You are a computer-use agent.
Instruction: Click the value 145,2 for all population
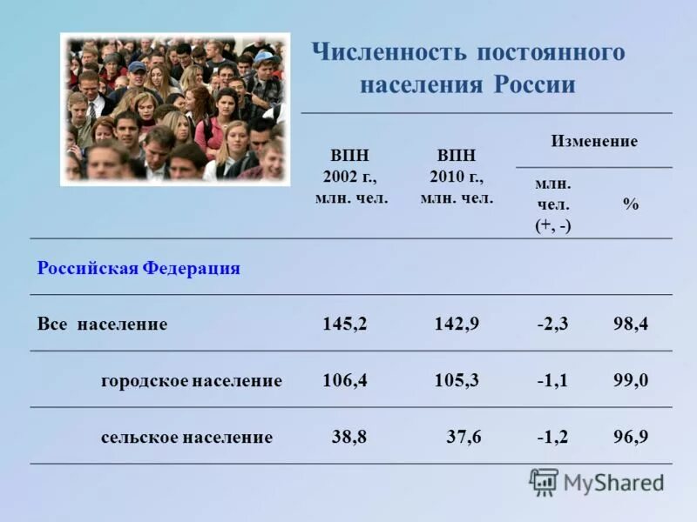[344, 325]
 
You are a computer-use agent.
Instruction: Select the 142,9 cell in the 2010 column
[457, 325]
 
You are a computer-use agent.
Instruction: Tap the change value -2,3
[552, 325]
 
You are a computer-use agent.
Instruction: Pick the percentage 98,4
[631, 325]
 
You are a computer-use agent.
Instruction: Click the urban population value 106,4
[344, 380]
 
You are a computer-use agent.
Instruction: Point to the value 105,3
[457, 380]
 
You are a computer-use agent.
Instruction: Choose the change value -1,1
[552, 380]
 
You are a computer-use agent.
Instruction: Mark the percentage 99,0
[631, 380]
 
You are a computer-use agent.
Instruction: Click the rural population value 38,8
[349, 437]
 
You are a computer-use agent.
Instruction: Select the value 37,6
[464, 437]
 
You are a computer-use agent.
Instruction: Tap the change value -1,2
[552, 437]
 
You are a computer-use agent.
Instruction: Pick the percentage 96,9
[631, 437]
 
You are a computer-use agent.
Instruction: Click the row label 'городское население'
[191, 381]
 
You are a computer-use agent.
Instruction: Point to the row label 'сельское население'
[186, 437]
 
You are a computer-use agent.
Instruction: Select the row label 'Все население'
[102, 325]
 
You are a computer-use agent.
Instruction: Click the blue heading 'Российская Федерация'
[139, 268]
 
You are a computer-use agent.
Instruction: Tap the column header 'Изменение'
[594, 141]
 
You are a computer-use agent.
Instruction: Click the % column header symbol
[631, 204]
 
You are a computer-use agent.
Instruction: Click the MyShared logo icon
[544, 482]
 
